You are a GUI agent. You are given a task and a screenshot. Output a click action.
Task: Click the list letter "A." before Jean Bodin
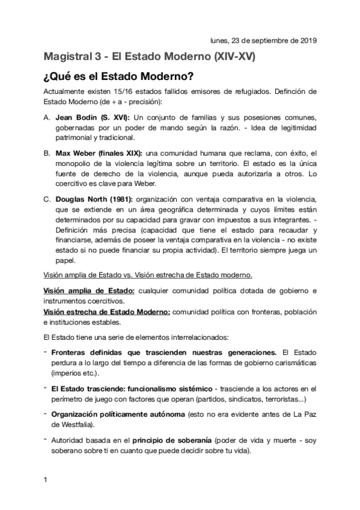pyautogui.click(x=47, y=117)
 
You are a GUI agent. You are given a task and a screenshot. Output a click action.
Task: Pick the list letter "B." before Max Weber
pyautogui.click(x=47, y=155)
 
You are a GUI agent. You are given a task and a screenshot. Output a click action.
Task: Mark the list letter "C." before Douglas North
pyautogui.click(x=47, y=198)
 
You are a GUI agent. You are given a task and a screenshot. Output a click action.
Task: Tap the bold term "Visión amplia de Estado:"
pyautogui.click(x=89, y=291)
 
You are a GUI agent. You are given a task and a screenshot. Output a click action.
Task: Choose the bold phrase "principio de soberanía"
pyautogui.click(x=163, y=441)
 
